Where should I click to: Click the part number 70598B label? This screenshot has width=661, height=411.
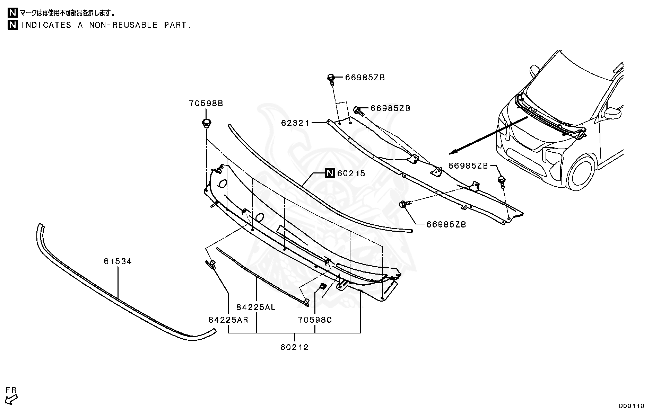coord(206,103)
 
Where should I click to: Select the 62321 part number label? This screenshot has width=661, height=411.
coord(295,123)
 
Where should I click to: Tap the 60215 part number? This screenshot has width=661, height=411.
coord(351,173)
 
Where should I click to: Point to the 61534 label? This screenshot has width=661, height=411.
coord(118,261)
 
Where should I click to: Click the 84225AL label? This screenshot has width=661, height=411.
coord(256,307)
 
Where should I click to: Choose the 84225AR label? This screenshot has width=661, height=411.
coord(228,320)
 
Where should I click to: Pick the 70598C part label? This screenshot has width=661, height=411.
coord(315,320)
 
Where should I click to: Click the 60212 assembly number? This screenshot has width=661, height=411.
coord(294,347)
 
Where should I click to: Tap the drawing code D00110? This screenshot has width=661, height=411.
coord(632,406)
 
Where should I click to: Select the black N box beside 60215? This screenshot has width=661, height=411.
coord(330,173)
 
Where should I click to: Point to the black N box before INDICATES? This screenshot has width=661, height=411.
coord(13,25)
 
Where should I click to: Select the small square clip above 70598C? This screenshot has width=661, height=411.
coord(322,286)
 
